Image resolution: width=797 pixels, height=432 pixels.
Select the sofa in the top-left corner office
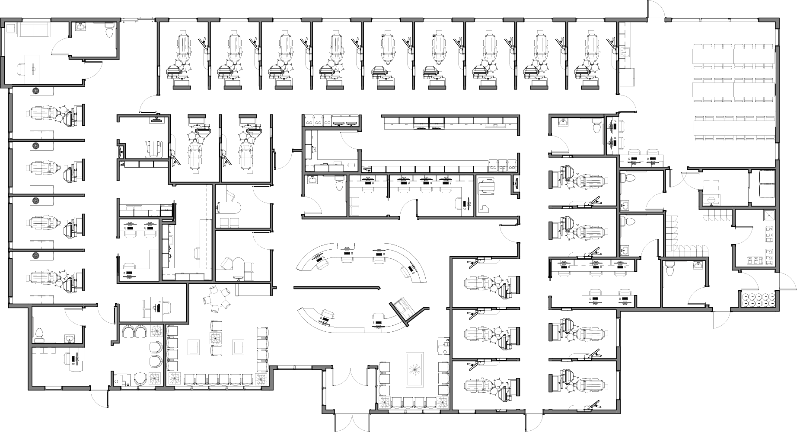pos(32,30)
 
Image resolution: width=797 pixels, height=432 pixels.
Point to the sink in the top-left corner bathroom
pos(80,27)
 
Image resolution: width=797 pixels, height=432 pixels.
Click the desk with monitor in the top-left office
pos(32,65)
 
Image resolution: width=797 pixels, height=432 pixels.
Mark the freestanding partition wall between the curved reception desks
pos(336,287)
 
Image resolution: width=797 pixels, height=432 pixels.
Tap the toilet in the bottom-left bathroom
pos(39,334)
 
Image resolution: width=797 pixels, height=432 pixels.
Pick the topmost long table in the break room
pos(733,55)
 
